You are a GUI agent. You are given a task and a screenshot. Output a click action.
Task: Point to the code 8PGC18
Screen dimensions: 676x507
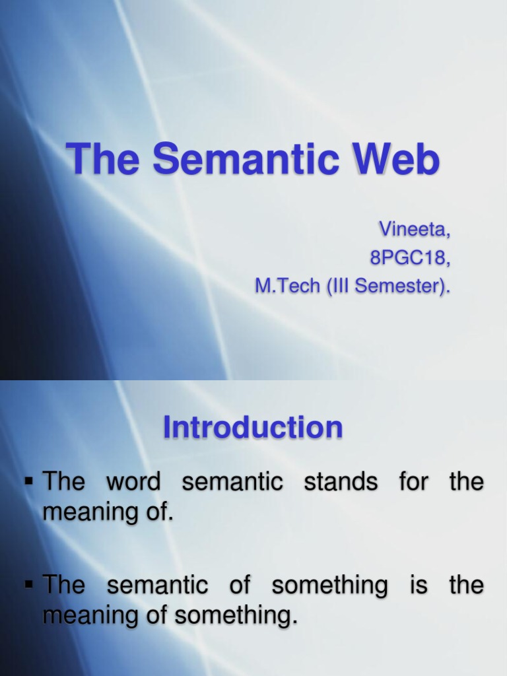tap(409, 258)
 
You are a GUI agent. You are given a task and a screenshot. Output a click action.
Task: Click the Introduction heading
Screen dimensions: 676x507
tap(253, 428)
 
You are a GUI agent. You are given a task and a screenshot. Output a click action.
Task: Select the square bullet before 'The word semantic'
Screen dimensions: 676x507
tap(28, 481)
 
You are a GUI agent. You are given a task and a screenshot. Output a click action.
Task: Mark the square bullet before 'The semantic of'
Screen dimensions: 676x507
tap(28, 584)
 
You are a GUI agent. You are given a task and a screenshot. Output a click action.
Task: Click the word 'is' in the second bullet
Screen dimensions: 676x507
tap(419, 585)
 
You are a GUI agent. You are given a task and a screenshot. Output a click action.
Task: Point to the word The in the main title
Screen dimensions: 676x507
tap(104, 160)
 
